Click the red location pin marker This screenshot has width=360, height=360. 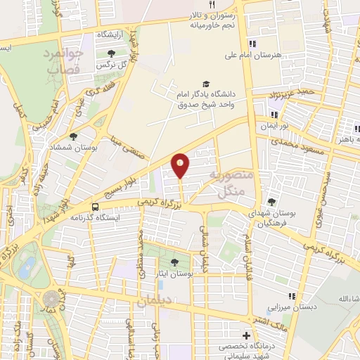point(181,165)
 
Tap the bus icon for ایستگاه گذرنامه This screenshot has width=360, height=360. point(95,206)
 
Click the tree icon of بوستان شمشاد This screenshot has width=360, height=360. point(74,137)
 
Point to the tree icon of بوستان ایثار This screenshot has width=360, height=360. point(174,262)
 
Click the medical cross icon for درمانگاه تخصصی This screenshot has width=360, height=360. point(245,335)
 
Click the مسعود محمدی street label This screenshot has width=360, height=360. point(296,132)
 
